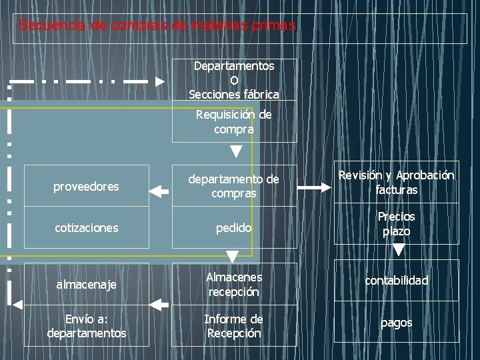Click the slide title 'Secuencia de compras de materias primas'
(x=157, y=26)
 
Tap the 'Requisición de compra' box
(x=234, y=122)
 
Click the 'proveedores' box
(x=85, y=187)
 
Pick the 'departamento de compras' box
(x=234, y=186)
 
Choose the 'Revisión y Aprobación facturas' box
(x=396, y=182)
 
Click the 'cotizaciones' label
(x=85, y=228)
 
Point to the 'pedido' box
(x=234, y=228)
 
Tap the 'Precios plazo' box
(x=396, y=224)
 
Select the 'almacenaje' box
(x=85, y=285)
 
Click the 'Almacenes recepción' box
(x=234, y=284)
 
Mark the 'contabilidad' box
(x=396, y=281)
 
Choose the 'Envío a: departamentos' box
(x=85, y=326)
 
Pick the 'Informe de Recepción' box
(x=234, y=326)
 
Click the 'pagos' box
(x=396, y=323)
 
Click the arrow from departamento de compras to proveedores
(x=159, y=192)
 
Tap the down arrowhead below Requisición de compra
(x=236, y=152)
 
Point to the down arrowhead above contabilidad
(x=398, y=251)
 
